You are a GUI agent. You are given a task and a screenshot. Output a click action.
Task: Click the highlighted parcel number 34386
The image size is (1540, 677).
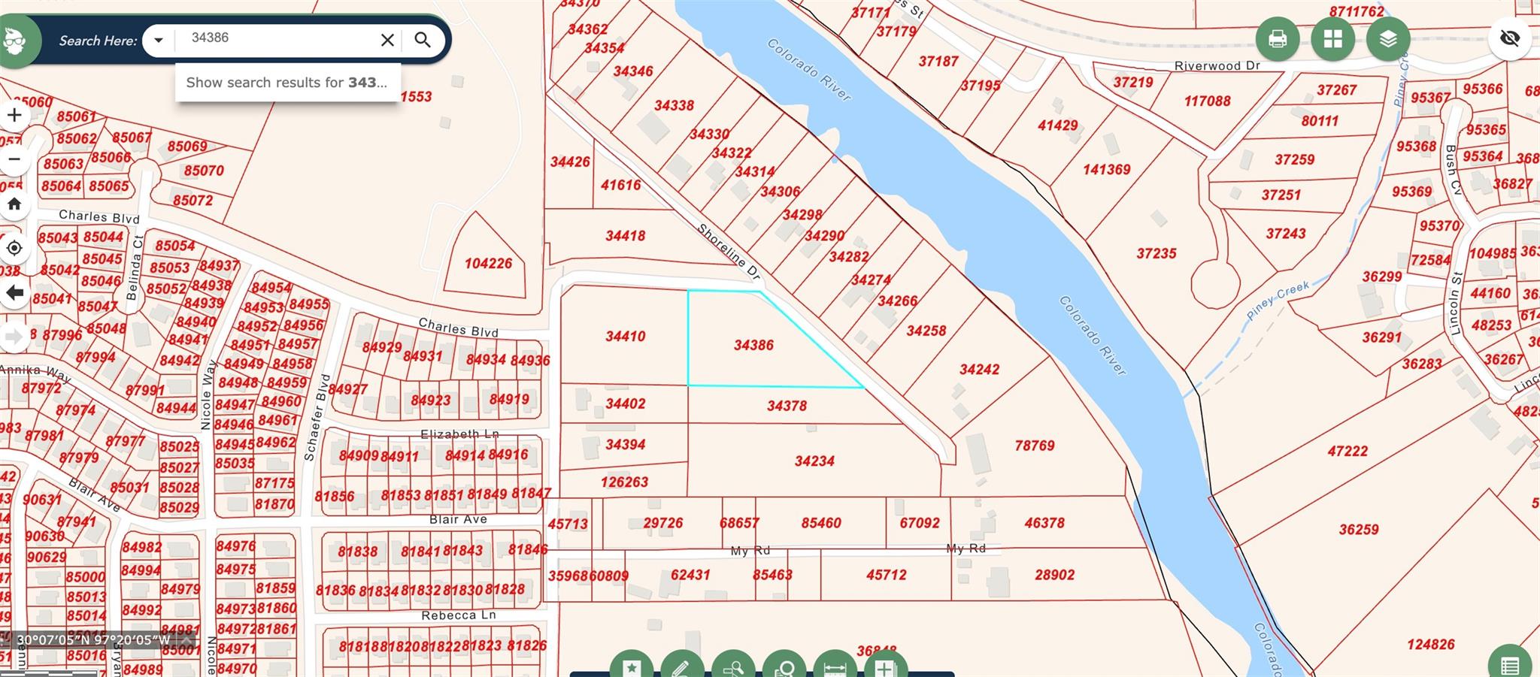[753, 345]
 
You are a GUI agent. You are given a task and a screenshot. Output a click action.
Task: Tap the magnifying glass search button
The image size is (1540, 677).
[423, 40]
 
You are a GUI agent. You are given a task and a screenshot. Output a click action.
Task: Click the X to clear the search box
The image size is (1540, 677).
[387, 40]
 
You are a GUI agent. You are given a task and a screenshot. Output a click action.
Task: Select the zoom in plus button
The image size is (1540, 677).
[14, 115]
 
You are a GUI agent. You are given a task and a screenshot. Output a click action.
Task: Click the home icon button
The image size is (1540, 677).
[14, 204]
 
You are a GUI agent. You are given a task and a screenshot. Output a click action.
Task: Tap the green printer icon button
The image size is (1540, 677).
[1277, 38]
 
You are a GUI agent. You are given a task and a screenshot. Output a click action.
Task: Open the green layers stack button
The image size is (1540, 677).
[1388, 38]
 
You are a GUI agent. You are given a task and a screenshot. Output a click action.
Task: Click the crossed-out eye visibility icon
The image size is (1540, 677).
[1509, 38]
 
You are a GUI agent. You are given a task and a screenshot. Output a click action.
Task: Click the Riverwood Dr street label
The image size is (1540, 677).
[1217, 66]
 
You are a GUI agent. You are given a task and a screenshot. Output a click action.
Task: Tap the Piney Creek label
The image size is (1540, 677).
[1278, 300]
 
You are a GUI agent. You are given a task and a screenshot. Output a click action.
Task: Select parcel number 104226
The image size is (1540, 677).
[488, 263]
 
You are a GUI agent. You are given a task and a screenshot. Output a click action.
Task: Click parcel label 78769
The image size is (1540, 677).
[1034, 446]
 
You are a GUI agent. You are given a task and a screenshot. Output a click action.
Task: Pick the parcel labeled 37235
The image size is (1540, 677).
[1156, 253]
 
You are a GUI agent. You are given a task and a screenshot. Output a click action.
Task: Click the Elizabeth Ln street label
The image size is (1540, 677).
[459, 434]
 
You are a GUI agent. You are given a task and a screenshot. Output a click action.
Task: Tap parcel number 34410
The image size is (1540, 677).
[625, 336]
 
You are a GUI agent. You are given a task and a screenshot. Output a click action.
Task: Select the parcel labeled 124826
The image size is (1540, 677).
[1430, 644]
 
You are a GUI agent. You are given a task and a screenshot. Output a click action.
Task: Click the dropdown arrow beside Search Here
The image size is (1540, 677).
[158, 40]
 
